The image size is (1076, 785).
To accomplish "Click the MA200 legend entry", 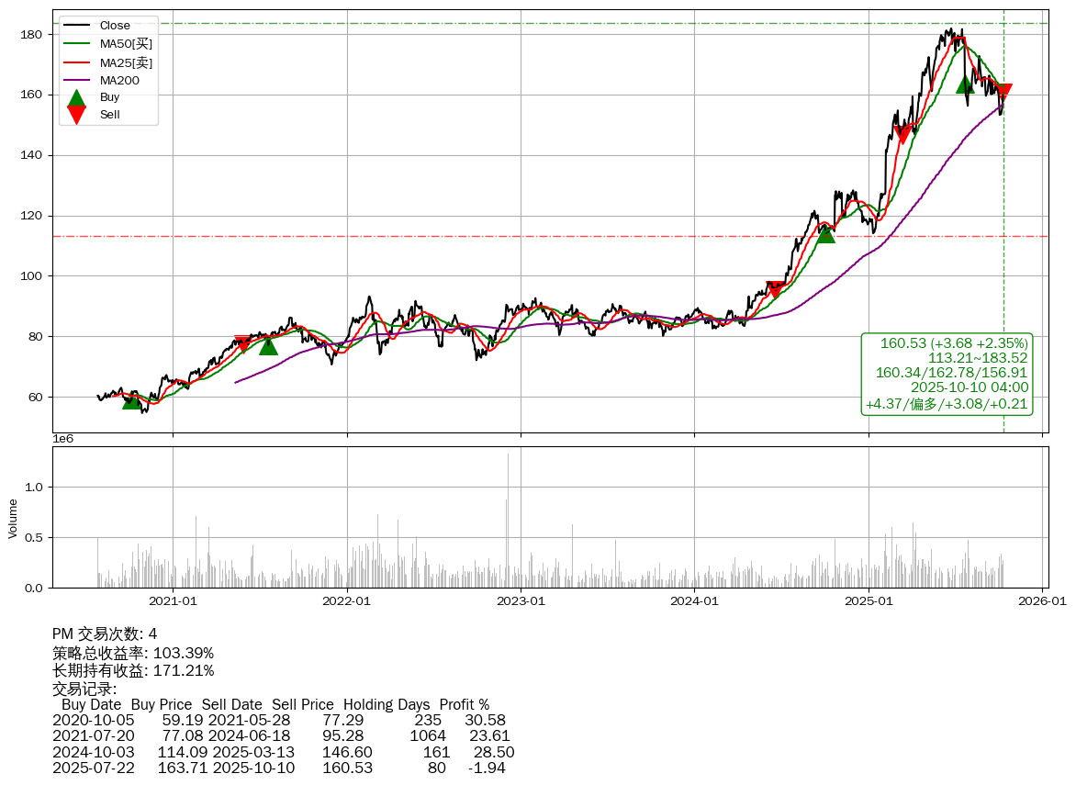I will click(118, 80).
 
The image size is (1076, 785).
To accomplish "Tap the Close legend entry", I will click(115, 26).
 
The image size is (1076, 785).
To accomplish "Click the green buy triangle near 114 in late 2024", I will click(826, 233).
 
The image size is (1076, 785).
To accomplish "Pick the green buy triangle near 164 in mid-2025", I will click(965, 84).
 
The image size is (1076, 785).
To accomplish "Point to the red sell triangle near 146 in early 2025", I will click(902, 135).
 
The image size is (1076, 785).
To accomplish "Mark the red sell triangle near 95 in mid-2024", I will click(776, 290).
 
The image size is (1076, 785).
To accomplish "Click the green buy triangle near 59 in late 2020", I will click(132, 399).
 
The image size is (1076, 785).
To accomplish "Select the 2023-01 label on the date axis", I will click(521, 601).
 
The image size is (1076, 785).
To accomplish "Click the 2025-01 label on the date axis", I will click(869, 601).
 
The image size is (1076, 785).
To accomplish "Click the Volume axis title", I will click(13, 518).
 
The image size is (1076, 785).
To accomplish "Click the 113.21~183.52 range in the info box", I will click(978, 358).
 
